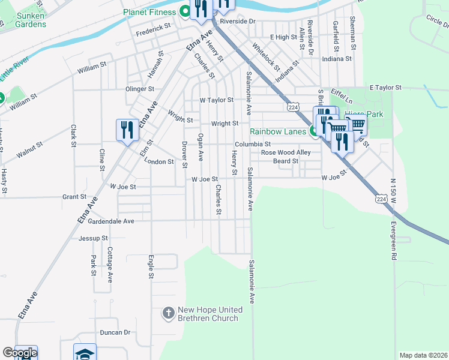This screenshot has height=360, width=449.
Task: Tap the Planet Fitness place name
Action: pyautogui.click(x=150, y=12)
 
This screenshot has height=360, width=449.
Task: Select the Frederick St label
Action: pyautogui.click(x=153, y=28)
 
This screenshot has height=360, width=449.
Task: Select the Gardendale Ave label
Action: pyautogui.click(x=111, y=221)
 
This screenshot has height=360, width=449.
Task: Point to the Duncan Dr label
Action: pyautogui.click(x=115, y=332)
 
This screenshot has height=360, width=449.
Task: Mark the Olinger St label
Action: pyautogui.click(x=140, y=89)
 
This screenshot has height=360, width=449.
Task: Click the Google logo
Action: pyautogui.click(x=20, y=353)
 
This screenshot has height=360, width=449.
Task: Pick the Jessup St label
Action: pyautogui.click(x=93, y=238)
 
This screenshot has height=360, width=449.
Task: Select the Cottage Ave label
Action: pyautogui.click(x=110, y=265)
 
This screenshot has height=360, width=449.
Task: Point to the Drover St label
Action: pyautogui.click(x=184, y=154)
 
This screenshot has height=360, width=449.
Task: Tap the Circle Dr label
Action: pyautogui.click(x=437, y=22)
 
